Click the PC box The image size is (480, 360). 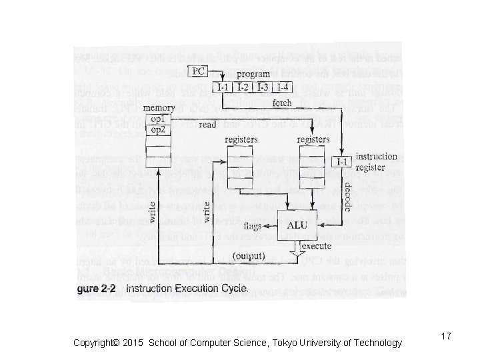click(198, 71)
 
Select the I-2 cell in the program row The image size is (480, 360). click(245, 87)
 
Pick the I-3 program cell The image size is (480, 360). click(263, 87)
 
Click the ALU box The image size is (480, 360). click(297, 226)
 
